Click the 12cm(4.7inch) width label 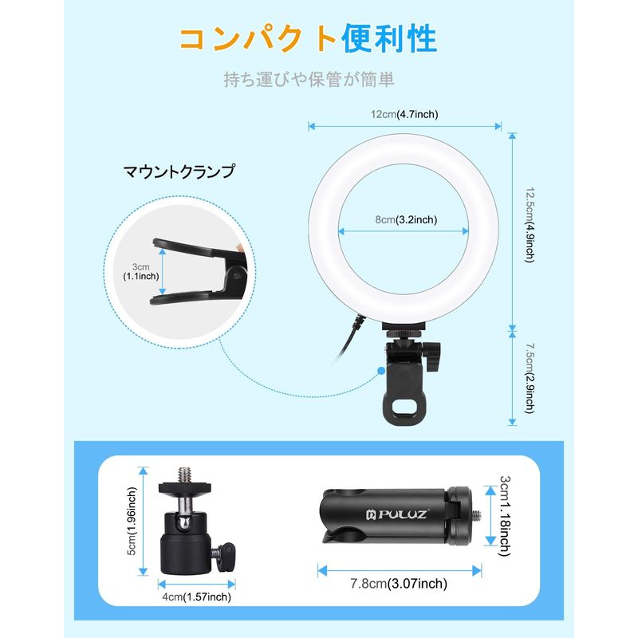pos(404,114)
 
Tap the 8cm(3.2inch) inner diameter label pos(406,220)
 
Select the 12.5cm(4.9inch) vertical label pos(530,225)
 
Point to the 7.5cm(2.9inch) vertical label pos(530,378)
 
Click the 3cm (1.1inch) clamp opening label pos(141,271)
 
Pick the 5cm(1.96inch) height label pos(132,522)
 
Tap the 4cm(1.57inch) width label pos(196,597)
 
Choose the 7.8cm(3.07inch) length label pos(399,584)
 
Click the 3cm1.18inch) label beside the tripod pos(505,515)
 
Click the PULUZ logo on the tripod pos(396,514)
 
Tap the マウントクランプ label pos(179,171)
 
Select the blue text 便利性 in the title pos(389,39)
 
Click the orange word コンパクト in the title pos(258,39)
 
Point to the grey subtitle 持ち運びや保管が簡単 pos(309,79)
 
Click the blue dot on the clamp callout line pos(381,371)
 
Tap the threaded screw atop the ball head pos(184,475)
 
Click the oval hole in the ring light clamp pos(404,406)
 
